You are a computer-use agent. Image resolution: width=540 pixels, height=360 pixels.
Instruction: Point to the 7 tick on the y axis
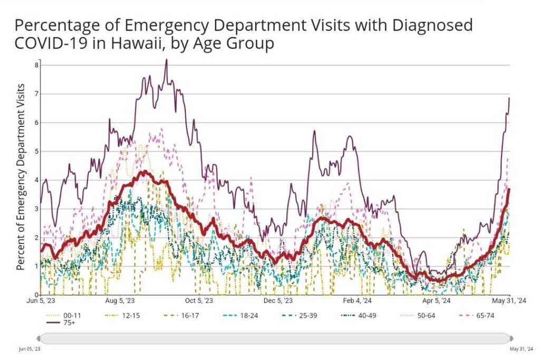pyautogui.click(x=36, y=94)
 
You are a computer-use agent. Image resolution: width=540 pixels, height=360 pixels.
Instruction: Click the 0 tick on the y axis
pyautogui.click(x=36, y=295)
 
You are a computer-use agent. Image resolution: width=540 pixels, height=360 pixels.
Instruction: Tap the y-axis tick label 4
pyautogui.click(x=36, y=180)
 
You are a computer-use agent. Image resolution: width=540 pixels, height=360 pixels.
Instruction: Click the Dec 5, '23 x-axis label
pyautogui.click(x=277, y=301)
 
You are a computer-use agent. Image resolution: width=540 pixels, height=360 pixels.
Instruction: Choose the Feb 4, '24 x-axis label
pyautogui.click(x=357, y=301)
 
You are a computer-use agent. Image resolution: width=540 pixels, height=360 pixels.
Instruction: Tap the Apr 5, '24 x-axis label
pyautogui.click(x=436, y=301)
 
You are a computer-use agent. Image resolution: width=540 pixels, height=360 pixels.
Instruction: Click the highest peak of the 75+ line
pyautogui.click(x=167, y=60)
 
